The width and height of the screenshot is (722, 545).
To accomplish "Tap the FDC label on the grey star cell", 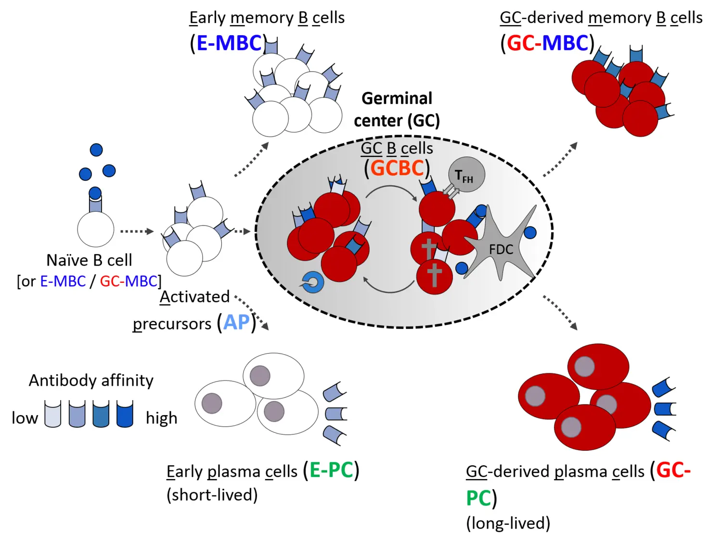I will click(x=501, y=249).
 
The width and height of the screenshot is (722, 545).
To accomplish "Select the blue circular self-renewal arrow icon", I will click(x=312, y=282).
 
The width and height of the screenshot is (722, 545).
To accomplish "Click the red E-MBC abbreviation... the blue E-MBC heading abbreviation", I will click(x=229, y=43).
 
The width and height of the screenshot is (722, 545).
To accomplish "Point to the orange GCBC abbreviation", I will click(x=397, y=168).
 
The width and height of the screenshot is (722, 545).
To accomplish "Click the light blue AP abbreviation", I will click(x=236, y=322).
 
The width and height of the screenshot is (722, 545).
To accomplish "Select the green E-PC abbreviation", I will click(x=331, y=470).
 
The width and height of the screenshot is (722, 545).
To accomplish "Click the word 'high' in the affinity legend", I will click(x=161, y=418).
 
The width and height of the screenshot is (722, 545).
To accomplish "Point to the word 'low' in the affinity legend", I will click(x=25, y=418).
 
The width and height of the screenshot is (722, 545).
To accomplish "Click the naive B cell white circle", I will click(x=95, y=229).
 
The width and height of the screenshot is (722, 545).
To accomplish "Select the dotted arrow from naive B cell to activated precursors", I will click(x=137, y=231).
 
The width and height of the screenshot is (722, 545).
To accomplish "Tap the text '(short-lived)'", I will click(x=212, y=494).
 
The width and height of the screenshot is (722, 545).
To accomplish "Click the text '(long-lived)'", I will click(x=508, y=523).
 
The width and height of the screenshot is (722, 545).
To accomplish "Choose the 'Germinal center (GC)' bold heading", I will click(x=397, y=109).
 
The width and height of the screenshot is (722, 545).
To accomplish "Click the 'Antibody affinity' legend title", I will click(x=91, y=380).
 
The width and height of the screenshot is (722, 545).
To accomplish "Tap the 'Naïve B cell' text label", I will click(x=89, y=260).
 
